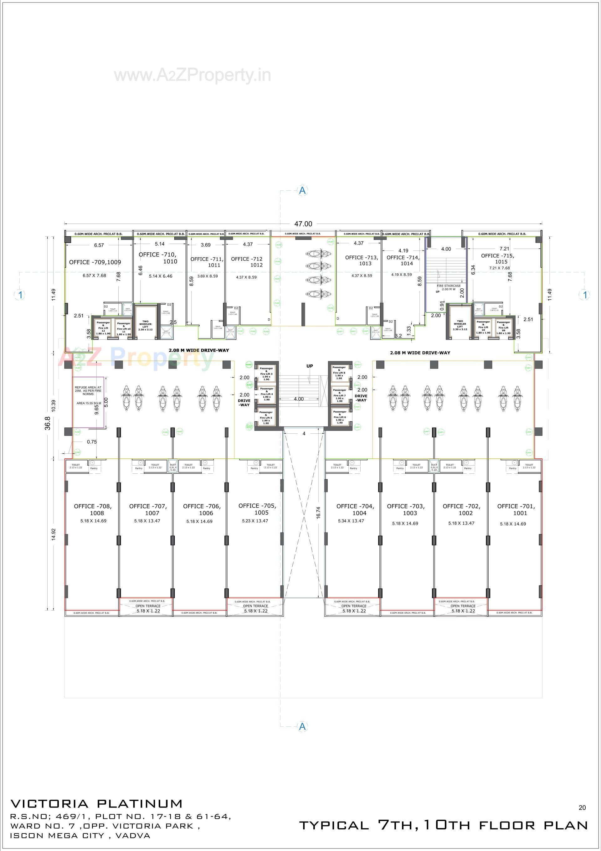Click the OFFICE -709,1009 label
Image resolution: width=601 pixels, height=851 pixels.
click(95, 262)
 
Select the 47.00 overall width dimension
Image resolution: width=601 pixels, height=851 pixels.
click(303, 224)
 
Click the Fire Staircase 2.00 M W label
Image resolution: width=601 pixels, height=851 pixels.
click(448, 287)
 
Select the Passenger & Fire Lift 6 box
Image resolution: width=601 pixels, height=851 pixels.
click(339, 417)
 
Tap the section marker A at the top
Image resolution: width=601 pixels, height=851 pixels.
click(303, 190)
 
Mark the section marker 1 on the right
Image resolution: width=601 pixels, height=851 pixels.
click(585, 295)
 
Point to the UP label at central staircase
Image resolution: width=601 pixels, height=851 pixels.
click(309, 366)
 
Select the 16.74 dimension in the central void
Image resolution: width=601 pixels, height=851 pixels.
click(318, 512)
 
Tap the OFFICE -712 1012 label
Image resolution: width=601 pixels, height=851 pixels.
click(247, 262)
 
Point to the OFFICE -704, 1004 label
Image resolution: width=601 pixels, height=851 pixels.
click(355, 509)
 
